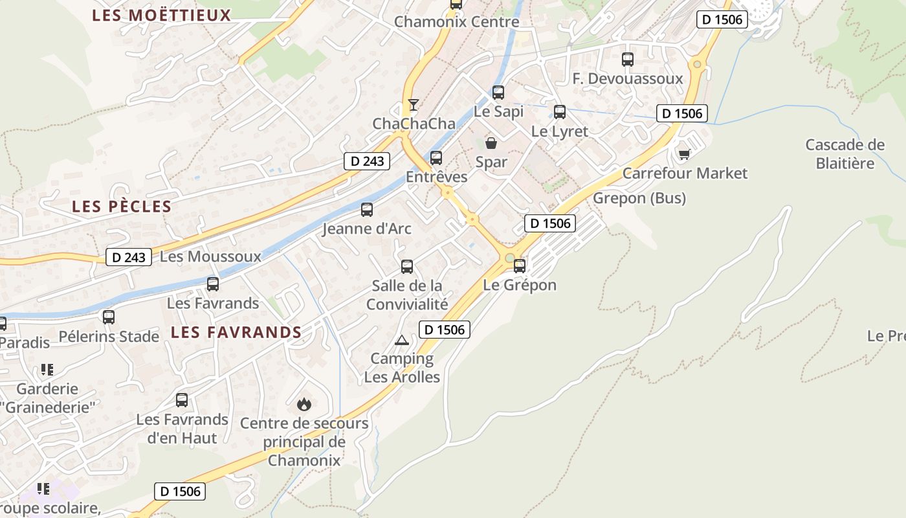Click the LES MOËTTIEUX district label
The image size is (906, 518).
[x=161, y=15]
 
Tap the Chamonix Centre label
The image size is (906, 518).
[x=456, y=21]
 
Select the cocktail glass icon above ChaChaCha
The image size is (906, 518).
[x=413, y=104]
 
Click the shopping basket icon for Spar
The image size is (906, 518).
[x=491, y=143]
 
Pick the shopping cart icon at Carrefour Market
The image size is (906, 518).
[x=684, y=154]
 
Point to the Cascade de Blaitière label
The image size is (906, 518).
[x=845, y=153]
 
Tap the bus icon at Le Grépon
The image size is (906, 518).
[x=519, y=265]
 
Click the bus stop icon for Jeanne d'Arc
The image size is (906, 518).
[x=367, y=209]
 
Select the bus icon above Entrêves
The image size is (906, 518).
[x=436, y=157]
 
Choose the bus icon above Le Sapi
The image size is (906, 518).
[x=498, y=92]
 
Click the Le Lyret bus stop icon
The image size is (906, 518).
[x=560, y=111]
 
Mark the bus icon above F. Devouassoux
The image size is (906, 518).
[x=627, y=60]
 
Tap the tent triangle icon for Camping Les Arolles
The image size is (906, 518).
[x=402, y=340]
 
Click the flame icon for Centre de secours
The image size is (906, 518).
[x=304, y=405]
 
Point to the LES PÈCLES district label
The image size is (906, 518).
[x=122, y=207]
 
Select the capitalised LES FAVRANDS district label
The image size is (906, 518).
[x=236, y=333]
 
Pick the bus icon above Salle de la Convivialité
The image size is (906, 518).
[x=407, y=266]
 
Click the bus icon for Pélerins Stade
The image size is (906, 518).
[x=109, y=317]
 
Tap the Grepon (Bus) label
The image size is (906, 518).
[x=639, y=197]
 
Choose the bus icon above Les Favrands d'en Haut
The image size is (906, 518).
[x=182, y=400]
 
